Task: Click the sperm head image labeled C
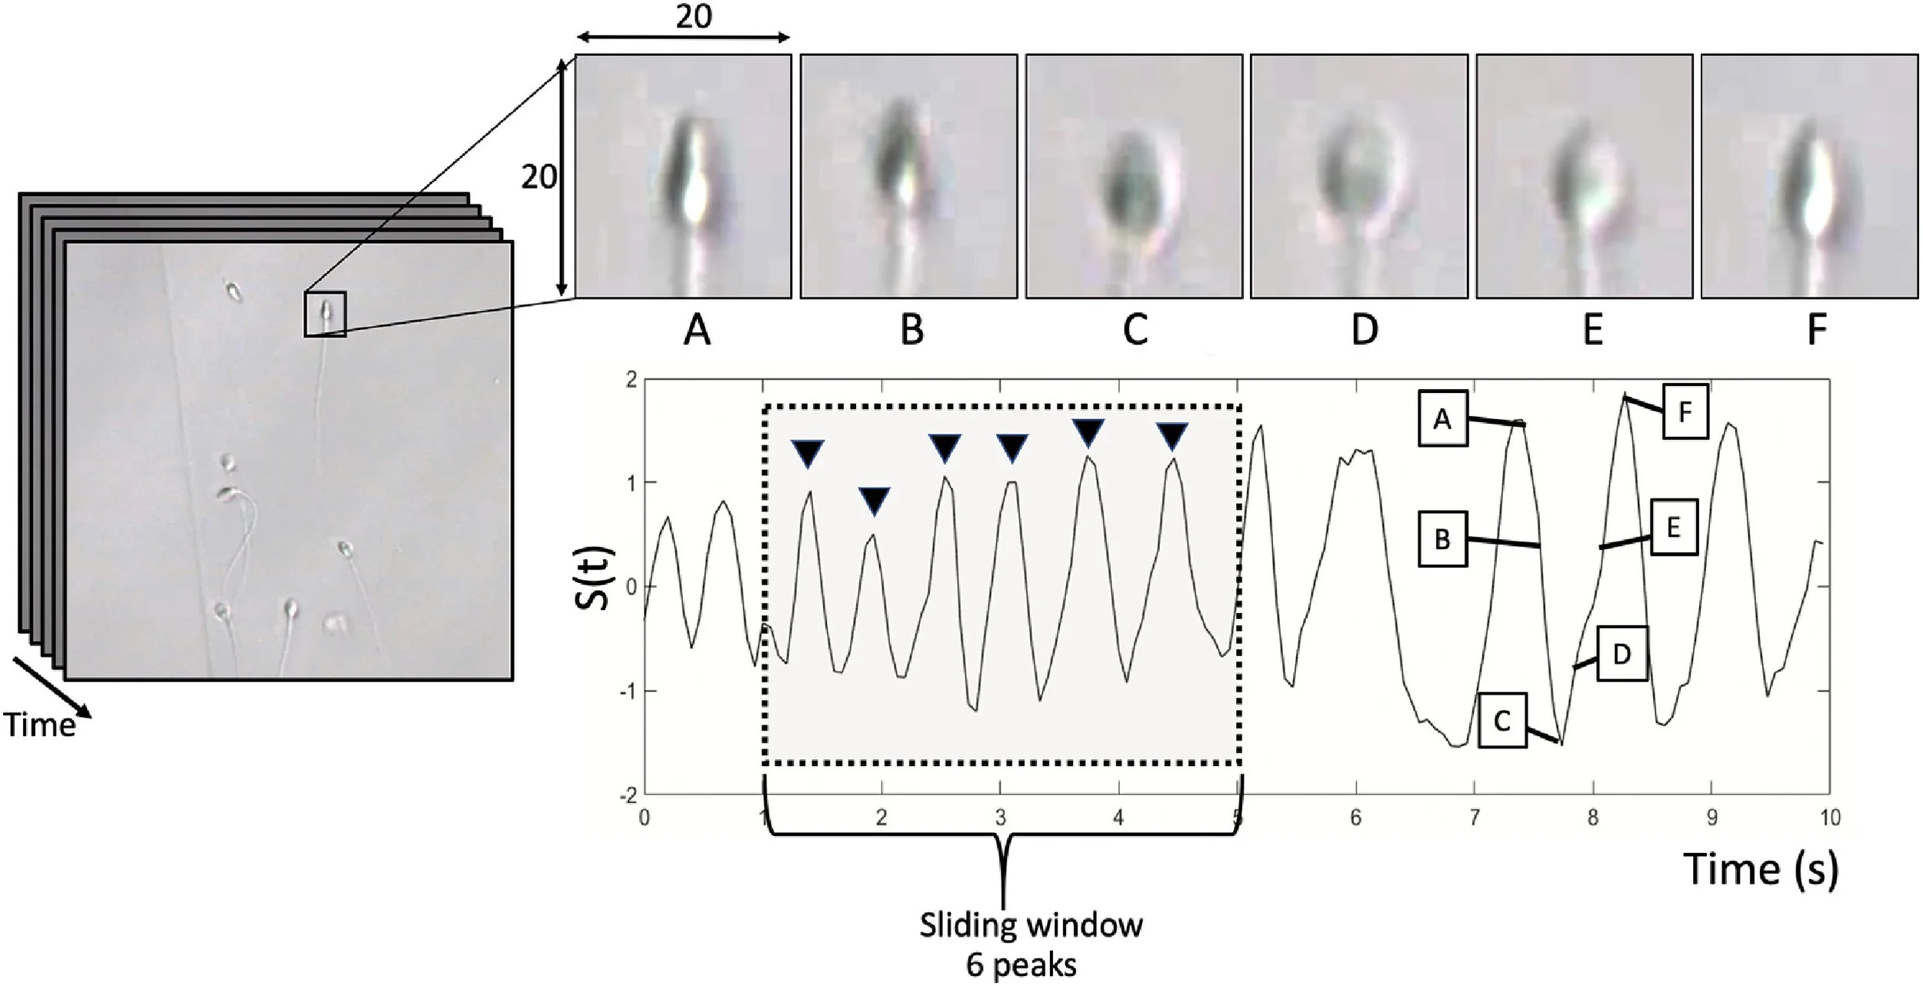(x=1134, y=176)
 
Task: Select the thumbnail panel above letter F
(x=1810, y=176)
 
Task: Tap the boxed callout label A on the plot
(x=1443, y=418)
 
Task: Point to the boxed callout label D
(x=1621, y=654)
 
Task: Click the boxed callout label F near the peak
(x=1685, y=411)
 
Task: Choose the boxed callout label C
(x=1501, y=721)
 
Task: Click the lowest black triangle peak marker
(x=875, y=501)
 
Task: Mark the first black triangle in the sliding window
(x=808, y=453)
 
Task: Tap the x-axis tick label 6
(x=1355, y=818)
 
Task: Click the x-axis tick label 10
(x=1828, y=818)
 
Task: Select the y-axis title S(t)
(x=593, y=578)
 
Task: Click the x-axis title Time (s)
(x=1761, y=869)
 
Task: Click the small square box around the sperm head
(x=325, y=314)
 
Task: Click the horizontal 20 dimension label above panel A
(x=693, y=17)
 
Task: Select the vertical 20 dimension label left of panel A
(x=538, y=178)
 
